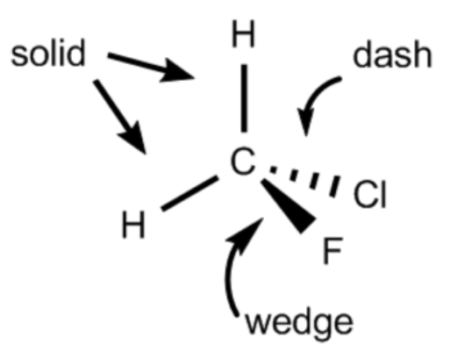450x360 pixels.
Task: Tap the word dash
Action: point(392,54)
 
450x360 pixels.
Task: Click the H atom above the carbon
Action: point(243,33)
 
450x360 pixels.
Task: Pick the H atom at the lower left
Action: point(133,225)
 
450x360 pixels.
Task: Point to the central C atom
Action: point(243,162)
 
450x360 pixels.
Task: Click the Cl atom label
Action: point(370,194)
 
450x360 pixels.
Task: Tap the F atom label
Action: point(332,250)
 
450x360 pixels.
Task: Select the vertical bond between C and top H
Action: point(244,98)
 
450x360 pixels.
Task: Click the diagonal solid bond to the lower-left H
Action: point(189,193)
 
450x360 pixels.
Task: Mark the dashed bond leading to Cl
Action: point(304,181)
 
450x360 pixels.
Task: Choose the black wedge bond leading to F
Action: point(288,205)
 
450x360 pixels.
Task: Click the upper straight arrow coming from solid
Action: point(151,66)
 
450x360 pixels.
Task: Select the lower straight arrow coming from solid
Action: point(120,116)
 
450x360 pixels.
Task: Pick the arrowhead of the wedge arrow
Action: point(248,234)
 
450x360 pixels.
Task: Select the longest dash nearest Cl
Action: point(335,186)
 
